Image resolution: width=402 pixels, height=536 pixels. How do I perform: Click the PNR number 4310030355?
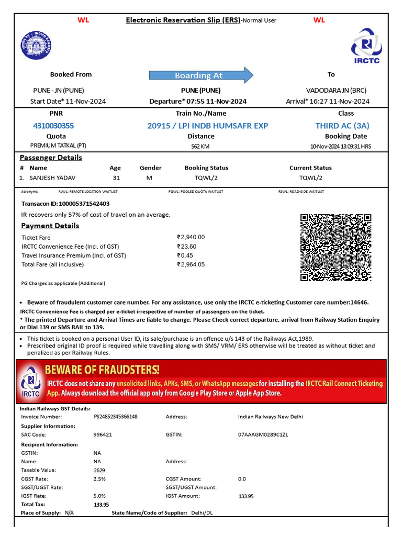pos(53,126)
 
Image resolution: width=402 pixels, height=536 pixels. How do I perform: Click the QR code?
pos(336,248)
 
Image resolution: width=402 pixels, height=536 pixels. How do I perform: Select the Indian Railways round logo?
pos(37,46)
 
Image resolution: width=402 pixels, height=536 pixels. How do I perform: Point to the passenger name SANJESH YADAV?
pos(52,178)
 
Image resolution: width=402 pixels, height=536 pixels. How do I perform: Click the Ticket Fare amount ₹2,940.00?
pos(191,237)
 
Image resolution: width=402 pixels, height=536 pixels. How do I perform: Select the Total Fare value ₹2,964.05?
pos(191,264)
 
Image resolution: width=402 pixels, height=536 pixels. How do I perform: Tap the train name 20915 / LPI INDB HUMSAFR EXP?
pos(207,126)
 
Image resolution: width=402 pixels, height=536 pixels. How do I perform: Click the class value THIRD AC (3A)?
pos(342,126)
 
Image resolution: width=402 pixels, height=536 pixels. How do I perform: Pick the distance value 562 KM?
pos(200,147)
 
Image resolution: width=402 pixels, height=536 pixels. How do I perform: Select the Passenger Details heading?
pos(51,158)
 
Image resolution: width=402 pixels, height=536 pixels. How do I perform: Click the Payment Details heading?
pos(50,226)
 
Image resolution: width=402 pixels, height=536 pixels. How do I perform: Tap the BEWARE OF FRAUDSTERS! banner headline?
pos(102,370)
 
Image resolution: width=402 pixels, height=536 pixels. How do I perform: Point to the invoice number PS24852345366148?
pos(115,417)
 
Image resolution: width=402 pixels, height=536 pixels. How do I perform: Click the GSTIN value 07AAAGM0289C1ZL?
pos(263,434)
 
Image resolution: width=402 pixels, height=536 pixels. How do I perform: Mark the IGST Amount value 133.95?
pos(246,496)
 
